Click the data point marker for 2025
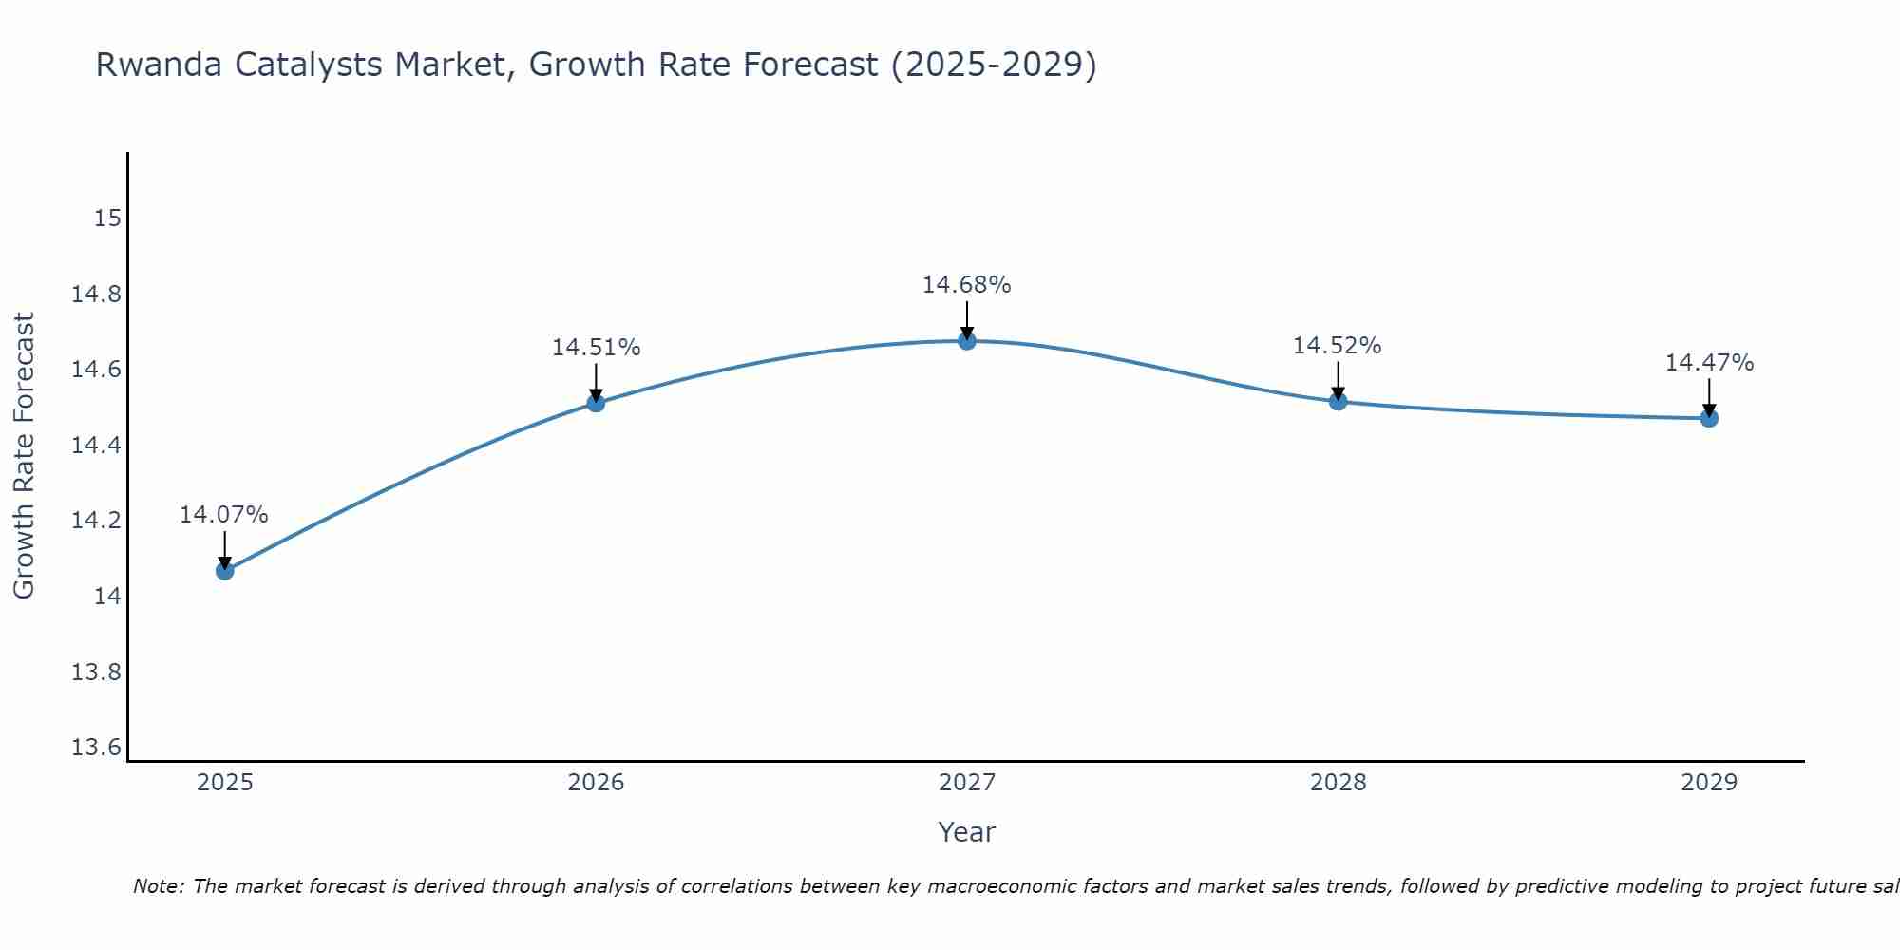coord(224,570)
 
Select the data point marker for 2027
coord(966,340)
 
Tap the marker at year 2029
coord(1708,418)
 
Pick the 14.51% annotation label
coord(596,348)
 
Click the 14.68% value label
coord(966,285)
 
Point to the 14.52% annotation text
coord(1337,346)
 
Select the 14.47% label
coord(1708,363)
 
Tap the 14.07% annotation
coord(224,515)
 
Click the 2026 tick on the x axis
coord(596,783)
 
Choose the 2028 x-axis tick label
coord(1338,783)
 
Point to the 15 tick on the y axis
coord(108,218)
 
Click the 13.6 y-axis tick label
coord(97,748)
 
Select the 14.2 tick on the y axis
coord(97,521)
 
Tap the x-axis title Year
coord(966,832)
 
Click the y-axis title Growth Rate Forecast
coord(25,456)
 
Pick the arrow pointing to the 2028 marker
coord(1338,379)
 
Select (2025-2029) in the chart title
coord(993,65)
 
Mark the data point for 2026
coord(596,403)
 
